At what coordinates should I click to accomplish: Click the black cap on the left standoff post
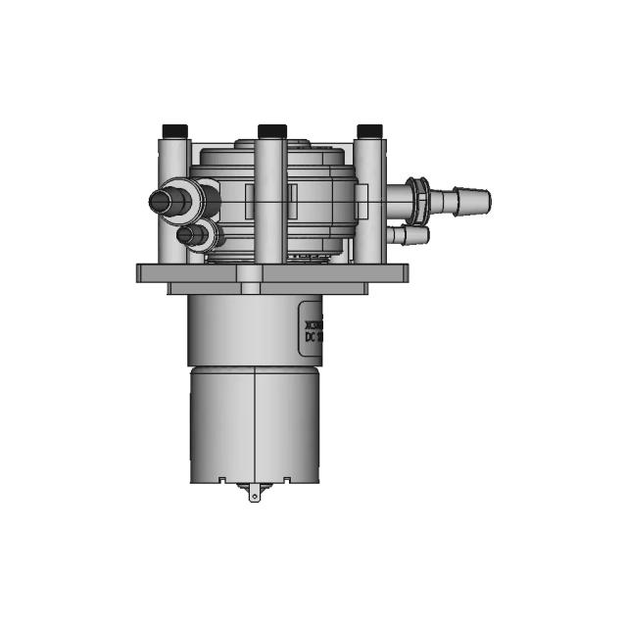[x=173, y=130]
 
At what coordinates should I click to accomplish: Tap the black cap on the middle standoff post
[x=270, y=130]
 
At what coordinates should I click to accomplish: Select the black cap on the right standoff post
[x=369, y=130]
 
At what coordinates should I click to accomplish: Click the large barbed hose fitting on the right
[x=456, y=203]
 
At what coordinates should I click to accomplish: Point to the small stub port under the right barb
[x=411, y=235]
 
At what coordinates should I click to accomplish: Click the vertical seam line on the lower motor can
[x=255, y=421]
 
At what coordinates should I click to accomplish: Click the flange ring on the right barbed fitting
[x=419, y=202]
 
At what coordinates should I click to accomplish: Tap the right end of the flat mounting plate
[x=400, y=272]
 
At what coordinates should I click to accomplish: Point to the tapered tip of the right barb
[x=484, y=203]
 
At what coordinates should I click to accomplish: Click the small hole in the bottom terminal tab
[x=256, y=496]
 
